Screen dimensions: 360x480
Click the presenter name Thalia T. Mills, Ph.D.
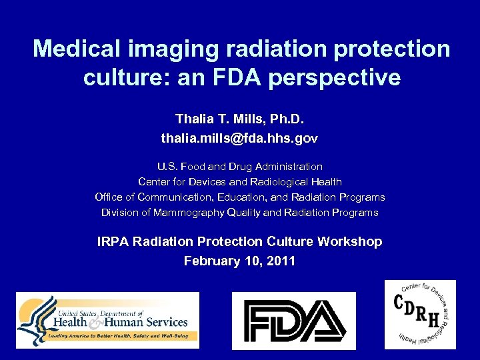(239, 119)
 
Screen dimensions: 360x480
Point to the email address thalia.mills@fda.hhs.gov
(239, 139)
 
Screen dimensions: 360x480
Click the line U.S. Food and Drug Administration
(239, 167)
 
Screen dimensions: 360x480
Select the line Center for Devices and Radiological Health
(239, 182)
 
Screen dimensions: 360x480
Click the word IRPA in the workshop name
(113, 242)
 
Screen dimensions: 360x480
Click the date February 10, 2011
(239, 261)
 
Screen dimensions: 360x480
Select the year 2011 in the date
(280, 261)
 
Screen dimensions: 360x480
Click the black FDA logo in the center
(293, 320)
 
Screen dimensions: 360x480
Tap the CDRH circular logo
(420, 314)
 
